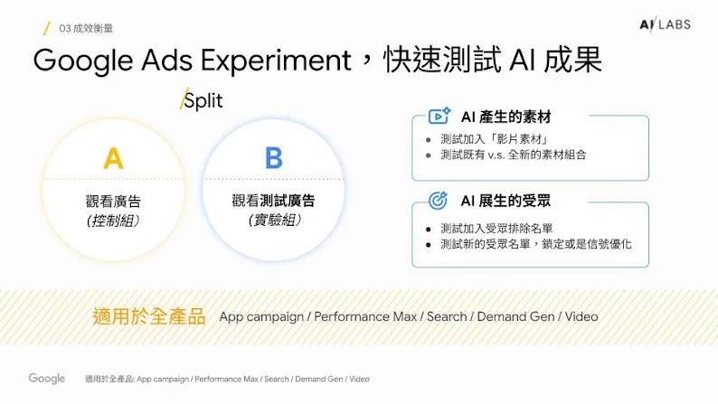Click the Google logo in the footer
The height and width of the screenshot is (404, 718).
(x=46, y=379)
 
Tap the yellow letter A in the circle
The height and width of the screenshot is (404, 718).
(x=113, y=159)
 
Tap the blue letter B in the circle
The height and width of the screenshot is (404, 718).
(x=273, y=159)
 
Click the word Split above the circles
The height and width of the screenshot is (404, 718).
(x=203, y=101)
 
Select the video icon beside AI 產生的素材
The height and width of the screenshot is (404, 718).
(x=439, y=117)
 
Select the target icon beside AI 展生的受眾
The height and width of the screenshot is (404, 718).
(x=439, y=200)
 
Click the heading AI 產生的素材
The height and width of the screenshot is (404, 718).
(x=505, y=117)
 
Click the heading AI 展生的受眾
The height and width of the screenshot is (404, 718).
(x=505, y=200)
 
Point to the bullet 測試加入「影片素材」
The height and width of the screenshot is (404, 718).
(x=494, y=139)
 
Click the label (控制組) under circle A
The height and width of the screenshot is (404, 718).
(x=113, y=221)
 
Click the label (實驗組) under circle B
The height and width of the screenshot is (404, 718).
(x=273, y=220)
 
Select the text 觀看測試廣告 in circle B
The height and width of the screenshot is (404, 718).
(x=273, y=201)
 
